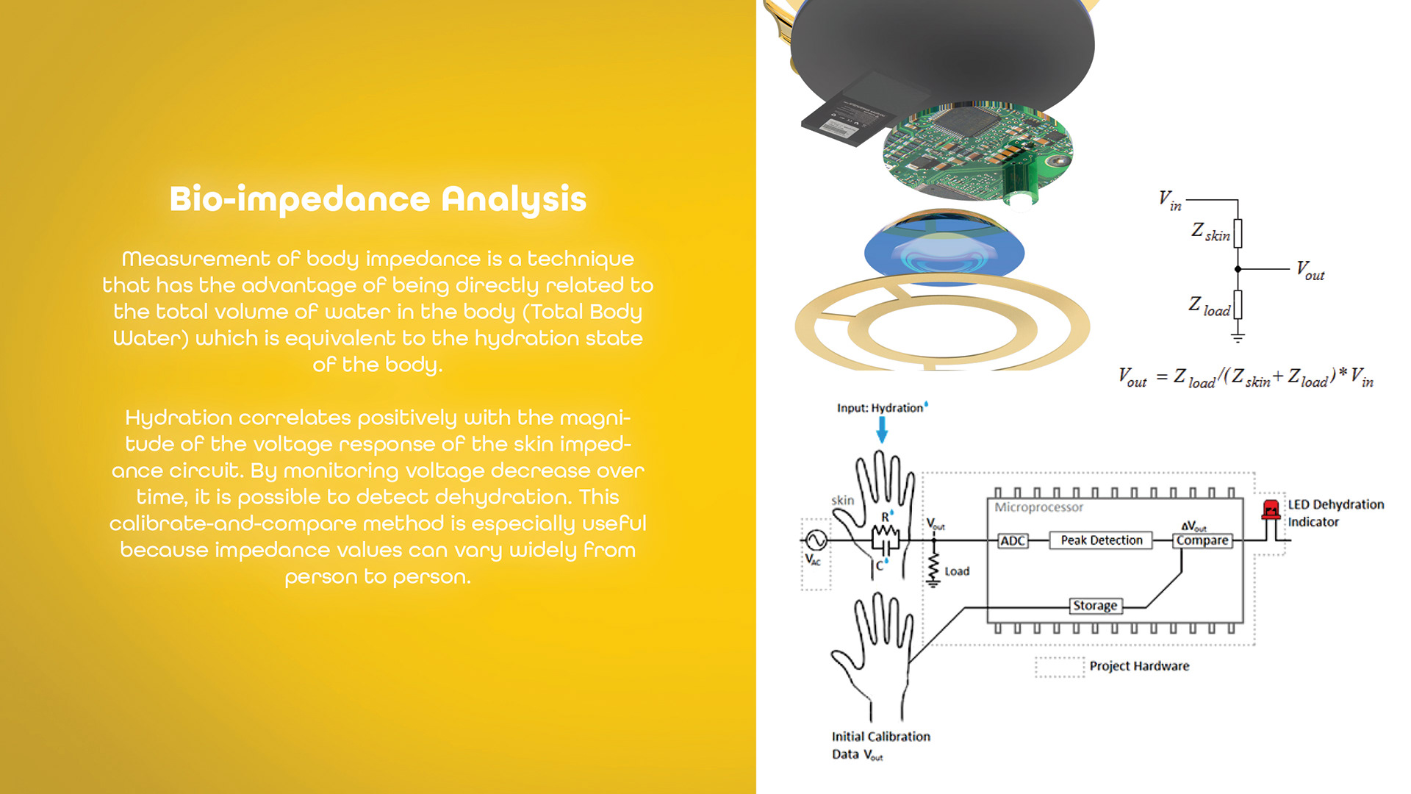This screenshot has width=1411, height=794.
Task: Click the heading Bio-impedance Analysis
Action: click(378, 199)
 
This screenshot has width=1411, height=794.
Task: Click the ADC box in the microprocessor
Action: click(1012, 541)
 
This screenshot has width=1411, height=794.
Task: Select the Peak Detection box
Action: click(1101, 540)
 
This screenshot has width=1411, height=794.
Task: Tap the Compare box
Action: click(1202, 540)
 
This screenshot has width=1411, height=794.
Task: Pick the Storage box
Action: click(1094, 606)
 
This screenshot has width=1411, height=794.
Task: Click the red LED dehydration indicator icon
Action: click(1270, 509)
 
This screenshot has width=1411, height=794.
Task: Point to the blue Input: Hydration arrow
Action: click(882, 429)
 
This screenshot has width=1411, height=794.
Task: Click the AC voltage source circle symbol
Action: click(816, 540)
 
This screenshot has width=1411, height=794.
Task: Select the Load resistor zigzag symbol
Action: click(933, 567)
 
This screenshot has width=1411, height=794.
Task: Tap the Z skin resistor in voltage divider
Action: click(1238, 233)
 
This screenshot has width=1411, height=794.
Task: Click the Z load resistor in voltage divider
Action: click(1238, 304)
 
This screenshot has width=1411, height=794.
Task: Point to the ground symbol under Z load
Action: click(1238, 337)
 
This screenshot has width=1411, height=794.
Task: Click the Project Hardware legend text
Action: click(1138, 666)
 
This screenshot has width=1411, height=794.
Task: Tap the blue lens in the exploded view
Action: click(944, 250)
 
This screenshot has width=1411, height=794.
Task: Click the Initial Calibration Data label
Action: click(880, 745)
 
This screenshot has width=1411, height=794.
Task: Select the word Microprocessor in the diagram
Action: click(1038, 507)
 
